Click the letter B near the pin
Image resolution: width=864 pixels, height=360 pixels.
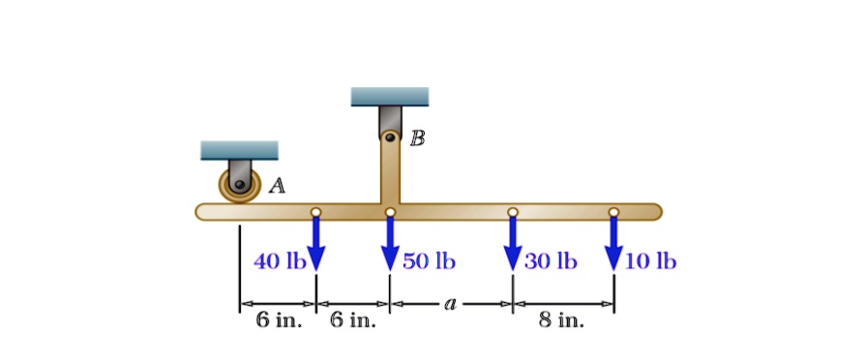click(417, 137)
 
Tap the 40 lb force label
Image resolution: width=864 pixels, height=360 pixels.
click(280, 261)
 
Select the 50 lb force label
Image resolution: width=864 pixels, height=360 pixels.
click(430, 261)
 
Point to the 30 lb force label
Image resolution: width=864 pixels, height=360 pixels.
click(551, 261)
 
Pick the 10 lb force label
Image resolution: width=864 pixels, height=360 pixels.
click(651, 261)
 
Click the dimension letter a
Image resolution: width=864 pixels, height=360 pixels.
click(450, 304)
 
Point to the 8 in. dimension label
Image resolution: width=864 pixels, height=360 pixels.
click(562, 320)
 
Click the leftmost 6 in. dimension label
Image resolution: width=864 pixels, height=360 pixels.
click(279, 320)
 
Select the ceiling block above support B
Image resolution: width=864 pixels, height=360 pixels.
click(389, 96)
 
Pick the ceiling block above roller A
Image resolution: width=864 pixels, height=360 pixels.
click(239, 150)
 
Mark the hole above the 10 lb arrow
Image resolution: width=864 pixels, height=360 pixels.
click(613, 212)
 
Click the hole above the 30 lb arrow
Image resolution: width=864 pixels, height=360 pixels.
click(513, 212)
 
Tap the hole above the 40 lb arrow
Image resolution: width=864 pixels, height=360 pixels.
click(315, 212)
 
